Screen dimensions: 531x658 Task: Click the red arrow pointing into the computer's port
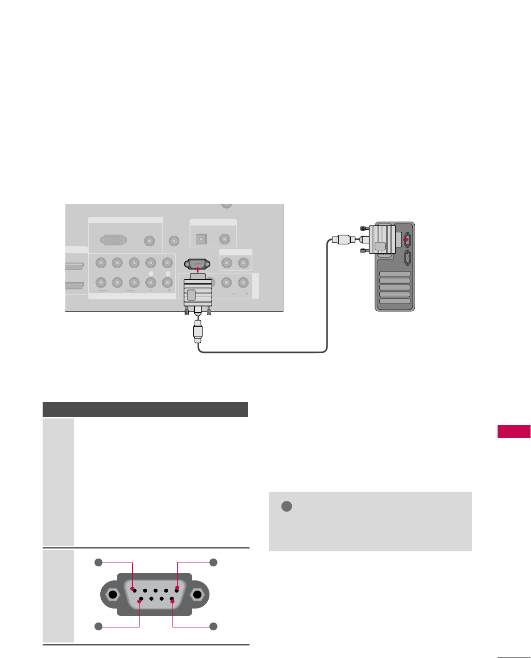point(406,239)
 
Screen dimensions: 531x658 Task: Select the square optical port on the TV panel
point(200,239)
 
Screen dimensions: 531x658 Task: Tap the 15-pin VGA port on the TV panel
point(114,240)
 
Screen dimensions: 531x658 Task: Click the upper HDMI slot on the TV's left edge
point(75,266)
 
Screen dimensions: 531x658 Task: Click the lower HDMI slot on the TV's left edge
point(75,286)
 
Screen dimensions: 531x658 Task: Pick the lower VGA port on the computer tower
point(407,258)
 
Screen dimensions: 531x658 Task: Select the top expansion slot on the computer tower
point(395,274)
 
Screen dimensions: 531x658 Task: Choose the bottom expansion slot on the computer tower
point(395,301)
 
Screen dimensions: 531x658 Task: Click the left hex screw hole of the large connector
point(112,595)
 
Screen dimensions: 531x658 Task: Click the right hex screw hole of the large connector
point(197,595)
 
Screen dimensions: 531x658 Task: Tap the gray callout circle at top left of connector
point(99,562)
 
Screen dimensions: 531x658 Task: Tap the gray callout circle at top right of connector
point(213,562)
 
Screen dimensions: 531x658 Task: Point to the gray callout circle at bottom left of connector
point(99,626)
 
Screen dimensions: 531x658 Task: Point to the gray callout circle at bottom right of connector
point(213,626)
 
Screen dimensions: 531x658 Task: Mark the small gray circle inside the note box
point(286,506)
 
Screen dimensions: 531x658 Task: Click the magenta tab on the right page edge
point(514,431)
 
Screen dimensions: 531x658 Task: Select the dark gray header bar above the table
point(145,409)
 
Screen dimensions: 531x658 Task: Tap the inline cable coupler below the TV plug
point(198,332)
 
